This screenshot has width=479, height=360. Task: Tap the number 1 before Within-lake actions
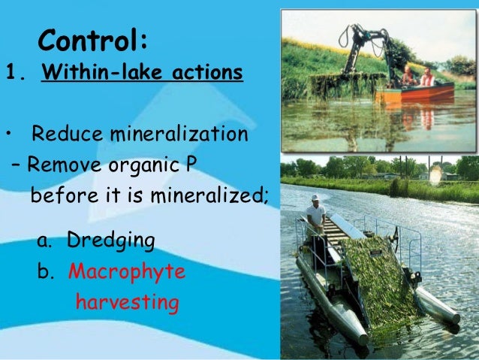pyautogui.click(x=11, y=74)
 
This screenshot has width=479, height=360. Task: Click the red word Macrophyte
pyautogui.click(x=126, y=271)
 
